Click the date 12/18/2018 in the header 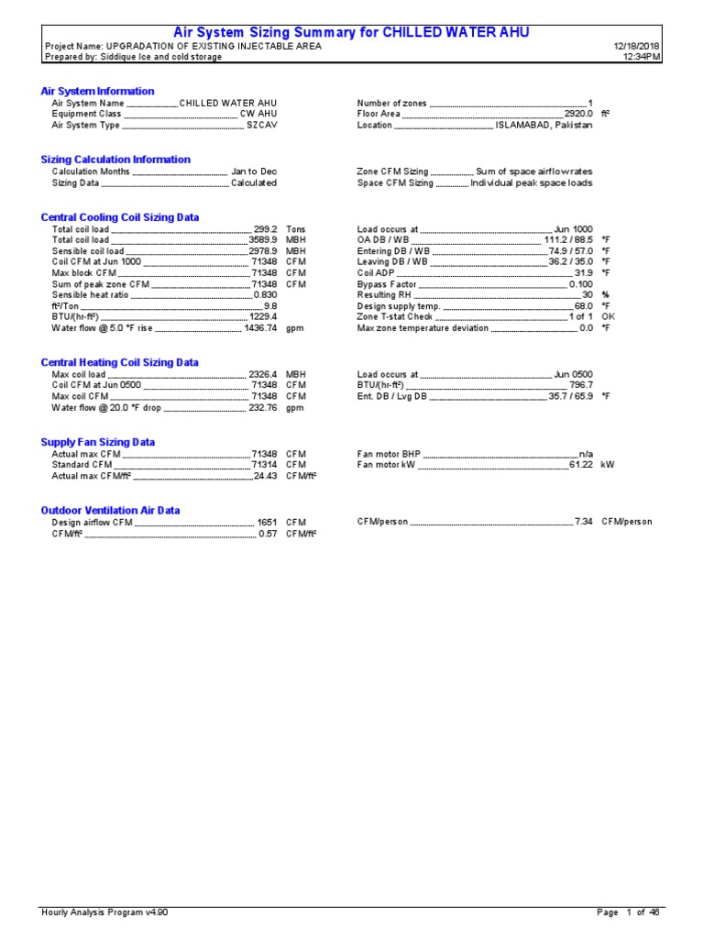click(637, 46)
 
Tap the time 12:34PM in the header click(642, 57)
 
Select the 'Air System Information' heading click(98, 91)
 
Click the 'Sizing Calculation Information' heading click(115, 160)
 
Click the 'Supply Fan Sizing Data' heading click(98, 442)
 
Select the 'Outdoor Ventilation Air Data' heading click(110, 510)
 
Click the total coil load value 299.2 click(265, 228)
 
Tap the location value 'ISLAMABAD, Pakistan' click(544, 126)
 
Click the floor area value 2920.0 click(577, 114)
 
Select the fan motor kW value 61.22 click(581, 465)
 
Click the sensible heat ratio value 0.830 click(265, 295)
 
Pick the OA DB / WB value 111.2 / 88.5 click(568, 239)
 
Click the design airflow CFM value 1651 click(268, 522)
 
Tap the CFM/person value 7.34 click(583, 522)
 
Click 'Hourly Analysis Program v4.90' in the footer click(104, 912)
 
